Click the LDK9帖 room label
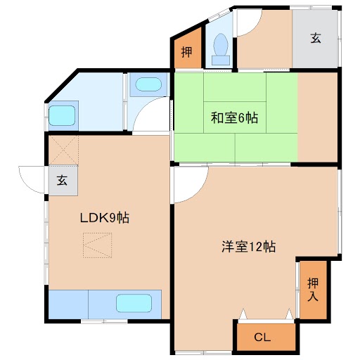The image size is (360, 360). tap(105, 218)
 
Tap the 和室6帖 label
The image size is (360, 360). tap(235, 117)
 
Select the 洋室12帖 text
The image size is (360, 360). tap(249, 247)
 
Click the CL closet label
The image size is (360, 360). tap(262, 337)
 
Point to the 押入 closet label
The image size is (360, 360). tap(313, 290)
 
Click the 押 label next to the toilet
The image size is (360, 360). tap(186, 52)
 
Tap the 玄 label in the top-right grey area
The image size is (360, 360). tap(316, 38)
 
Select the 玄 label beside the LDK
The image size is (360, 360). tap(62, 181)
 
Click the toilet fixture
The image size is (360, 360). tap(221, 49)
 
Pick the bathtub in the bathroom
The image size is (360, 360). tap(62, 115)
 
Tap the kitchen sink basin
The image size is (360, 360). tap(134, 303)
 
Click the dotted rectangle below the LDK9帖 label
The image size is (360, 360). tap(97, 245)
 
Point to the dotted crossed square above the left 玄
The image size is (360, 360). tap(63, 150)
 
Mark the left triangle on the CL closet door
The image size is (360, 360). tap(243, 314)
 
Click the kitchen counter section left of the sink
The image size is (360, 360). tap(68, 304)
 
